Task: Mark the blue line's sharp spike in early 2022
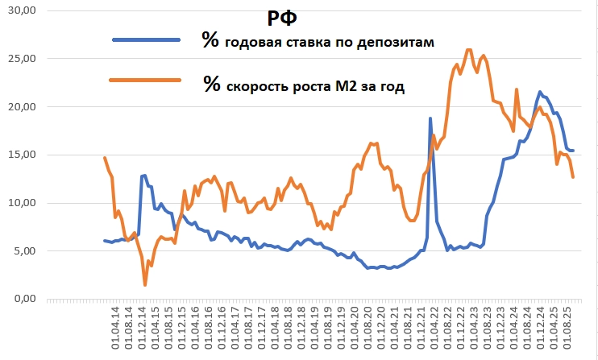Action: point(430,118)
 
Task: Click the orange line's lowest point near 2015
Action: point(145,285)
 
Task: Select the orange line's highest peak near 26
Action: point(469,49)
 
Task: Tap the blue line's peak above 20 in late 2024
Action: point(540,92)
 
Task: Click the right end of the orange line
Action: point(573,177)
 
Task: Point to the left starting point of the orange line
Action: point(105,158)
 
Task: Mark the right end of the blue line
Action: point(573,151)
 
